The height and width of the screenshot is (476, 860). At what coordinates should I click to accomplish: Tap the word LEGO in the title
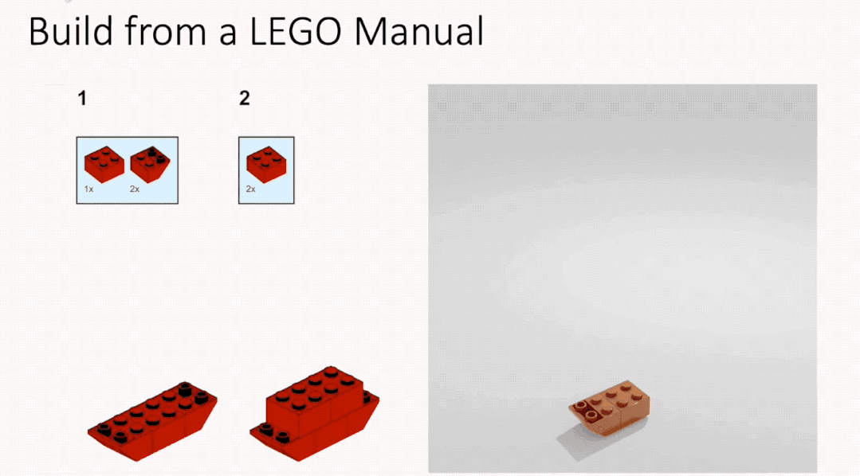(x=296, y=31)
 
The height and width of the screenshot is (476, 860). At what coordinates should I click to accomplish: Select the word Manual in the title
(x=419, y=31)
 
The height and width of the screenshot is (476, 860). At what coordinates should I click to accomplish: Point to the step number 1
(x=82, y=99)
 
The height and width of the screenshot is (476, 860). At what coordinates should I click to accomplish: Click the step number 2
(x=245, y=99)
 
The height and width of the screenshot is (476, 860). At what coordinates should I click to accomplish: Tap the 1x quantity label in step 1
(x=88, y=189)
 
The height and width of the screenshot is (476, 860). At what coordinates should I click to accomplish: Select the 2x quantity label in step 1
(x=135, y=189)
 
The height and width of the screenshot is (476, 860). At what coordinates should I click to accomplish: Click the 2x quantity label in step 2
(x=250, y=189)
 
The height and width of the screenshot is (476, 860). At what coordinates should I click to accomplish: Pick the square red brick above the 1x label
(x=104, y=164)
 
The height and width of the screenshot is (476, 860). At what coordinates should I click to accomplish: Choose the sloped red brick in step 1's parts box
(x=150, y=164)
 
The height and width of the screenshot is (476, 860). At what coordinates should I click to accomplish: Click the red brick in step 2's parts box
(x=266, y=164)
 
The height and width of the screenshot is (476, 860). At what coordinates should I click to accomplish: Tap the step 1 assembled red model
(x=152, y=420)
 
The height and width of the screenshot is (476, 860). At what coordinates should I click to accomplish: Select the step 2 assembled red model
(x=314, y=414)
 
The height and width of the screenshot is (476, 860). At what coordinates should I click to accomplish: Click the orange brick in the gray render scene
(x=610, y=408)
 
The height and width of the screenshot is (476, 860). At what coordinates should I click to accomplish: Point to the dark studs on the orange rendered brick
(x=585, y=409)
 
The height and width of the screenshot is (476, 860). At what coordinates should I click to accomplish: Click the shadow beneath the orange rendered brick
(x=581, y=442)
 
